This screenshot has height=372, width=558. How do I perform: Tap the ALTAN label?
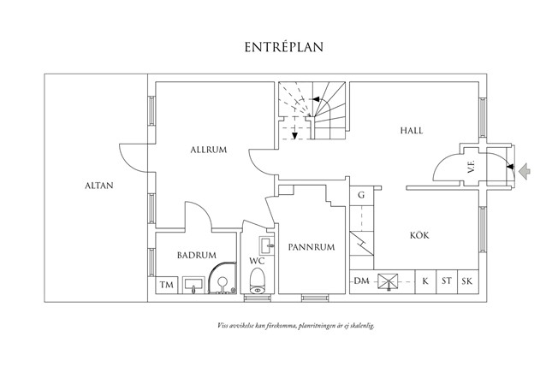coord(99,185)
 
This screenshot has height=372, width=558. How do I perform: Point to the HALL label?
coord(413,131)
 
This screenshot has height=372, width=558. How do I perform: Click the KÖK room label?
coord(418,234)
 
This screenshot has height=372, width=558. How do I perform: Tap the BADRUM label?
coord(196,255)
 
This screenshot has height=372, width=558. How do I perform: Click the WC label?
coord(256,261)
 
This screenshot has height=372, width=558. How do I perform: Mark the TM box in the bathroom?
coord(166,284)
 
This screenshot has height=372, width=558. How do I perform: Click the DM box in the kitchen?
coord(361,281)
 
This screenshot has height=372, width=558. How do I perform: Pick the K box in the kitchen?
coord(425,281)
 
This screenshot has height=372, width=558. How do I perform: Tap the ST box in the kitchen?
coord(446,281)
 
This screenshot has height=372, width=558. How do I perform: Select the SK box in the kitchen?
coord(467,281)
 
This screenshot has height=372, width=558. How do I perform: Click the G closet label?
coord(361,196)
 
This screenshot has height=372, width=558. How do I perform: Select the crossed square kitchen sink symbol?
coord(389,280)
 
